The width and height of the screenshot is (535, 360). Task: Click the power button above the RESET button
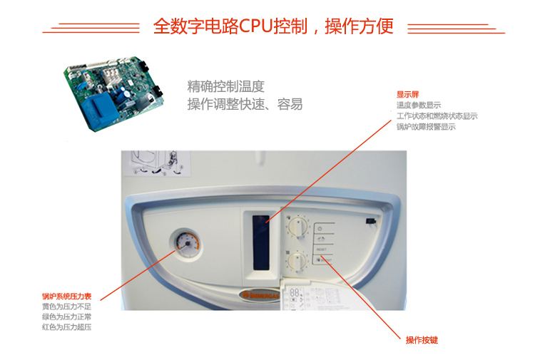tap(320, 229)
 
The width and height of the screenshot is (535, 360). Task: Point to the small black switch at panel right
tap(371, 222)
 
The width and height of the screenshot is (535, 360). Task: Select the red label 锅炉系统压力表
tap(69, 296)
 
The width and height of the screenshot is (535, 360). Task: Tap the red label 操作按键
tap(422, 340)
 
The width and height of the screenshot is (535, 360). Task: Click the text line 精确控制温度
tap(225, 87)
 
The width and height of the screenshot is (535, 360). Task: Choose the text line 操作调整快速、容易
tap(245, 104)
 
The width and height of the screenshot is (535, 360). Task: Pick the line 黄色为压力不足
tap(66, 307)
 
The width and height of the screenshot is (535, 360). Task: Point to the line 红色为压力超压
tap(66, 327)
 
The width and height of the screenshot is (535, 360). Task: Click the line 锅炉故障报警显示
tap(426, 127)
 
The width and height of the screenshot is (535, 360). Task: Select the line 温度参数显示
tap(419, 106)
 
